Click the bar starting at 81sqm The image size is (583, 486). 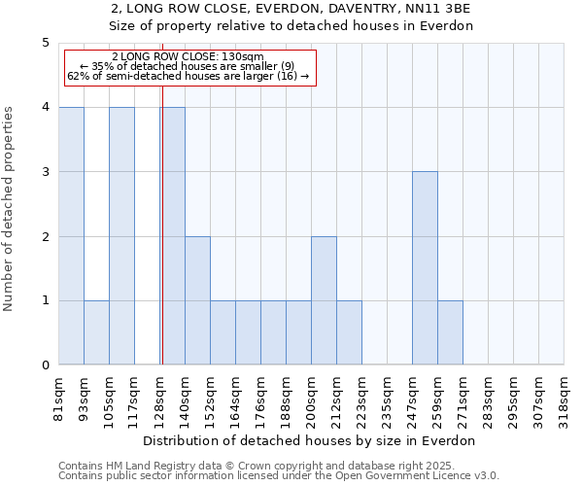71,236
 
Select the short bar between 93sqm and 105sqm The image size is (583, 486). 96,332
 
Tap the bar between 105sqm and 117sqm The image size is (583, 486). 121,236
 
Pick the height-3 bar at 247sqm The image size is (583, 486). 425,268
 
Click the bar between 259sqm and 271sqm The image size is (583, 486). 450,332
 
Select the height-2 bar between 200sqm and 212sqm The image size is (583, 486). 324,300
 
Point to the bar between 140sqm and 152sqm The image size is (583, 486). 197,300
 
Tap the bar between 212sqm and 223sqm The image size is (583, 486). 349,332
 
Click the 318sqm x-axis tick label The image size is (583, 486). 564,399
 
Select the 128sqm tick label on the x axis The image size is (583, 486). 159,399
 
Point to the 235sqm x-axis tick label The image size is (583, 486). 387,399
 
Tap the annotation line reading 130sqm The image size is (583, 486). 188,57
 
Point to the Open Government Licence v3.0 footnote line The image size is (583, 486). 279,476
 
